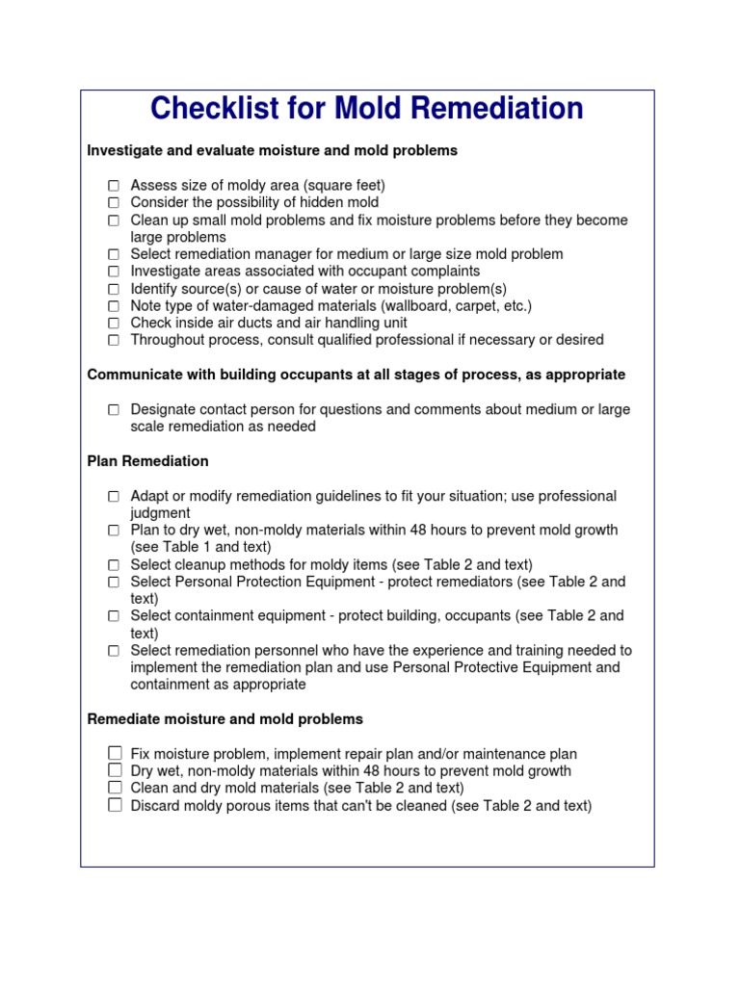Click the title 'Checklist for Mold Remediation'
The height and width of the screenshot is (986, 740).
click(366, 109)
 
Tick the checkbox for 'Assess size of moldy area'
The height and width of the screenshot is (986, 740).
click(114, 185)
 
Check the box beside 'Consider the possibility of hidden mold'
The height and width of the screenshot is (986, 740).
click(114, 202)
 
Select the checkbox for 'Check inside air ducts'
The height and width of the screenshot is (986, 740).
click(114, 323)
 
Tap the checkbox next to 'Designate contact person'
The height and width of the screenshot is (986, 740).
click(114, 409)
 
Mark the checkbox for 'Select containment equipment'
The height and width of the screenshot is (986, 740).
click(114, 615)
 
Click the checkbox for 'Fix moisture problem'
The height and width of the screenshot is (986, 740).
click(115, 753)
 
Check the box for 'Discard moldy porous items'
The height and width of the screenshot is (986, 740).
click(115, 805)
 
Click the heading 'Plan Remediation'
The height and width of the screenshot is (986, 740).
click(147, 461)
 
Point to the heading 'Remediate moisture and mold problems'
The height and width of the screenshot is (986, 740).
click(225, 718)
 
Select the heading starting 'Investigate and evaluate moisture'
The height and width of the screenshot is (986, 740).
click(272, 150)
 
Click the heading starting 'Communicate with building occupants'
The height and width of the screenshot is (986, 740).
click(356, 375)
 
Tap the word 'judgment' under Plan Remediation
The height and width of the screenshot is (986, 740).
click(160, 513)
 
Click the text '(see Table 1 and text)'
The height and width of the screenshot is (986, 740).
click(201, 547)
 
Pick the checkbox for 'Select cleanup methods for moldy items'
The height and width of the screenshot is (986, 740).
click(114, 564)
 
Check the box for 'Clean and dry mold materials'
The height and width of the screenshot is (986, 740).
click(115, 788)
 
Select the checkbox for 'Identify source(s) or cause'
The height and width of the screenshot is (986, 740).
click(114, 288)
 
